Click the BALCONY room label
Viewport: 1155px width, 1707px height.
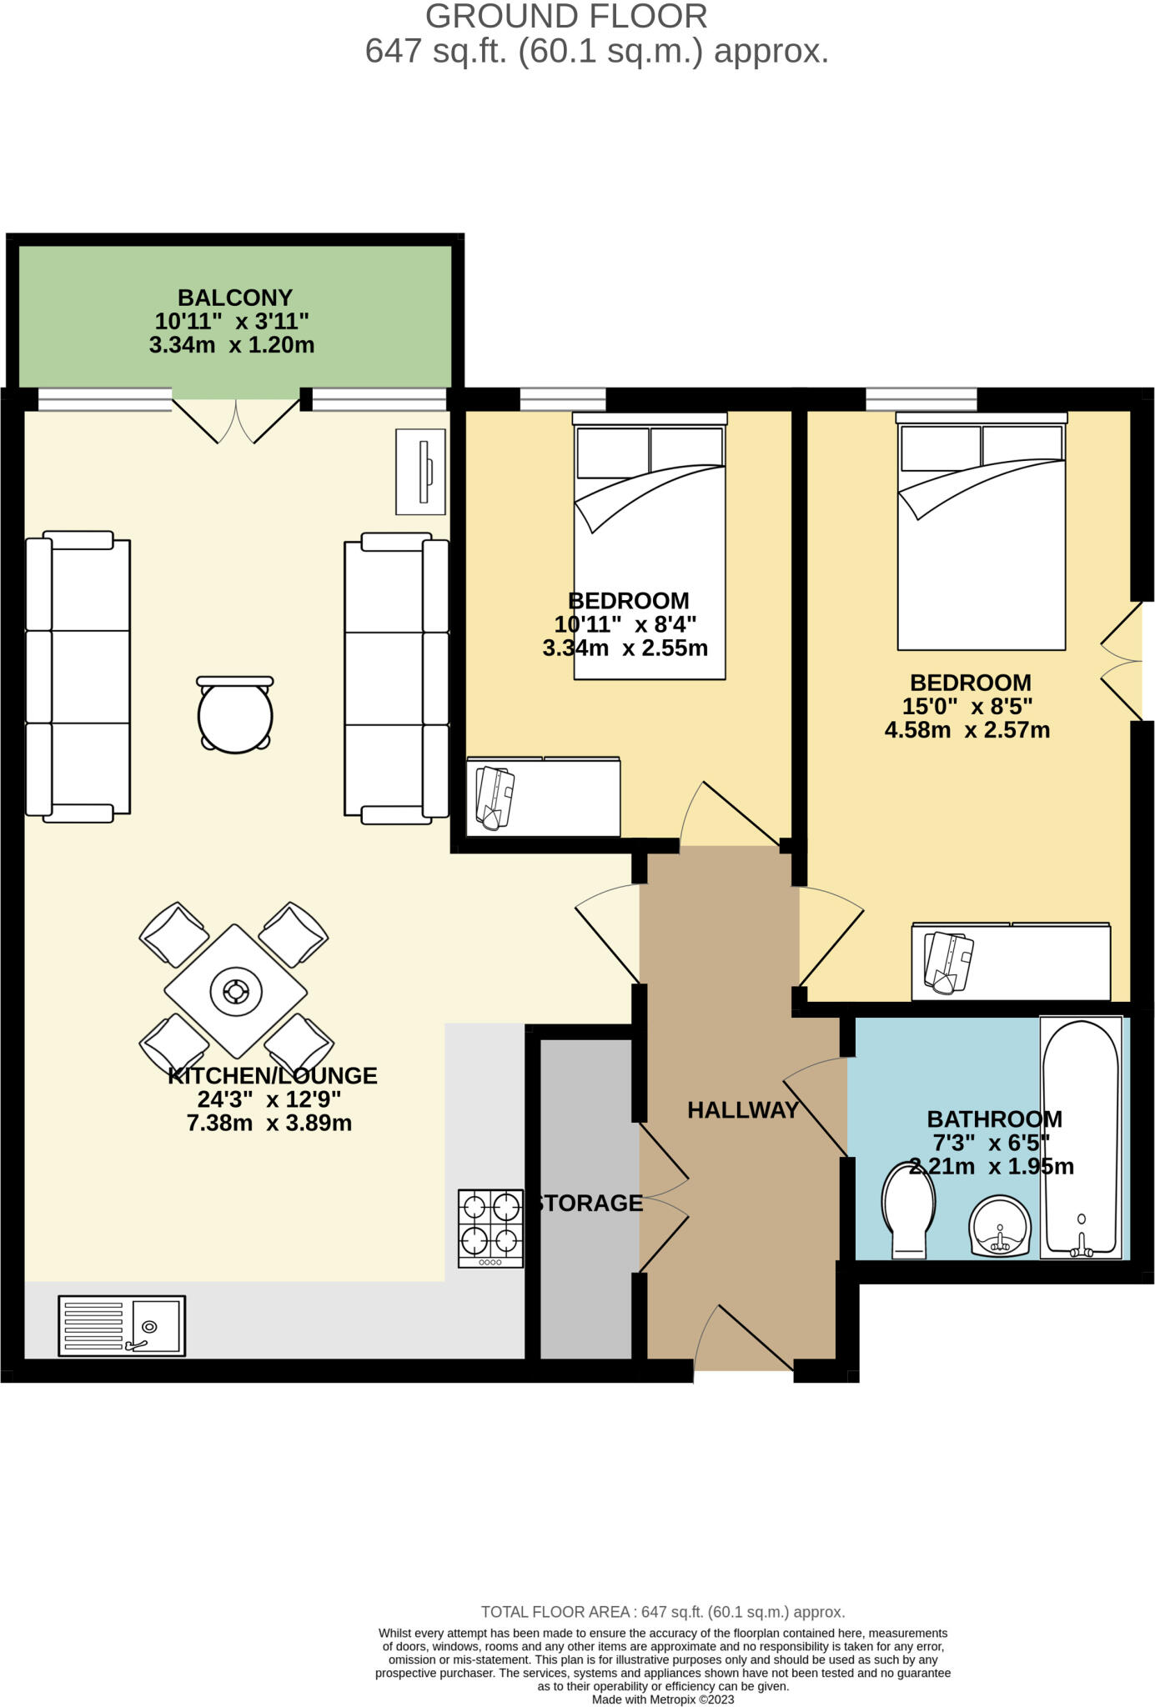click(234, 298)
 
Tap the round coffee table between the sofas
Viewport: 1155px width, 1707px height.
click(235, 716)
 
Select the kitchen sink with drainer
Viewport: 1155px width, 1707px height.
click(122, 1325)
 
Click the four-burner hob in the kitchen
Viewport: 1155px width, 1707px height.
click(490, 1228)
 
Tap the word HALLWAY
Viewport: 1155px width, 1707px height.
click(742, 1109)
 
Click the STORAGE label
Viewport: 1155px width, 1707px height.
click(590, 1203)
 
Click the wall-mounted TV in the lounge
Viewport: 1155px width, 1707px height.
click(420, 472)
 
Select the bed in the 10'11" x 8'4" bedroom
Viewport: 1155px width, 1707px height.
click(649, 546)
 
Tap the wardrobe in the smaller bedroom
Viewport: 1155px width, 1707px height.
click(543, 796)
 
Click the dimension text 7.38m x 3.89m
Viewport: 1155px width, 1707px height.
click(269, 1123)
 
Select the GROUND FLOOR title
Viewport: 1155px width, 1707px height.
click(566, 17)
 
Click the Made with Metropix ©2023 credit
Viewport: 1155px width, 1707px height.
click(663, 1699)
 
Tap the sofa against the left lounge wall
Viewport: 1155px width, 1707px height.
click(78, 676)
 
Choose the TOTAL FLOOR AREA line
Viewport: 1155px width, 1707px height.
click(663, 1612)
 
